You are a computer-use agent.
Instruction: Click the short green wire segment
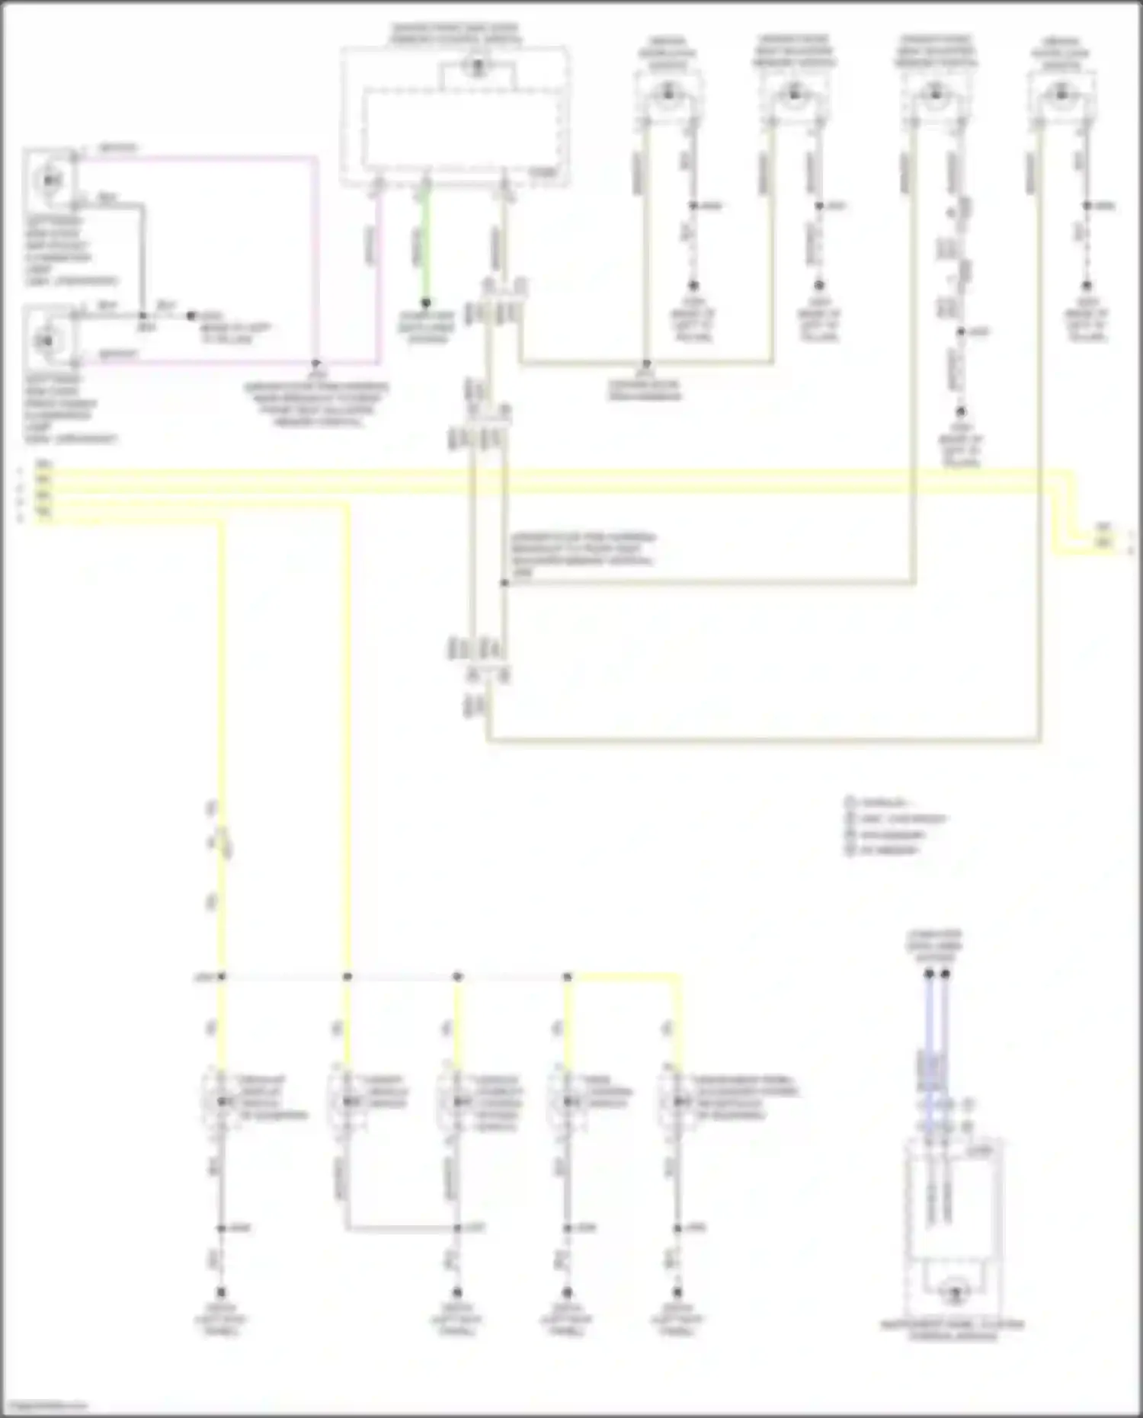click(x=426, y=244)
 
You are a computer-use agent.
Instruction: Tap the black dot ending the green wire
click(x=426, y=302)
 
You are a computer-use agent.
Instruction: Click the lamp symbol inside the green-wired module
click(x=478, y=67)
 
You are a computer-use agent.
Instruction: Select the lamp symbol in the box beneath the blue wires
click(x=952, y=1292)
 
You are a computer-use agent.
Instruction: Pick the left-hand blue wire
click(x=929, y=1051)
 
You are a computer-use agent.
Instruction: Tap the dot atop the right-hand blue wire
click(x=946, y=974)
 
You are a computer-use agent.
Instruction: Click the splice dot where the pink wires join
click(x=315, y=363)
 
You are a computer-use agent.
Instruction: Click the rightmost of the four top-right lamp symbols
click(x=1061, y=94)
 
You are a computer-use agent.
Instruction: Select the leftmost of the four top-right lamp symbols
click(x=668, y=94)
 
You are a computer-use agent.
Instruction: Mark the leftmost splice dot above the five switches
click(x=222, y=976)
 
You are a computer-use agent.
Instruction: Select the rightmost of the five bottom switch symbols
click(x=675, y=1102)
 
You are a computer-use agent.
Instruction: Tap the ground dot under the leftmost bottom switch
click(x=221, y=1292)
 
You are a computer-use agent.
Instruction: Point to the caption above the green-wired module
click(x=456, y=34)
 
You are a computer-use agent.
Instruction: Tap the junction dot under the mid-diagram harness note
click(x=504, y=583)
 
